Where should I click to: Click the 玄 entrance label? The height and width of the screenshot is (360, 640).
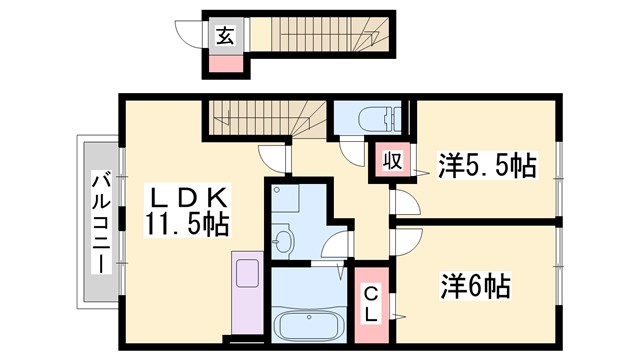pos(225,36)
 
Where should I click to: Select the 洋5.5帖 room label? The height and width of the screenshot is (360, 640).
pos(487,166)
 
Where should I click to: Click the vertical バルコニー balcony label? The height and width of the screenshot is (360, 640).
pos(101,222)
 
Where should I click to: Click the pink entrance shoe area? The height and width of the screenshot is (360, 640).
pos(225,65)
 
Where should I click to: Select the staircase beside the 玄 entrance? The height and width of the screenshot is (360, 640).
pos(316,37)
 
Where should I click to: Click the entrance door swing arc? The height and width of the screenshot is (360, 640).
pos(189,34)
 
